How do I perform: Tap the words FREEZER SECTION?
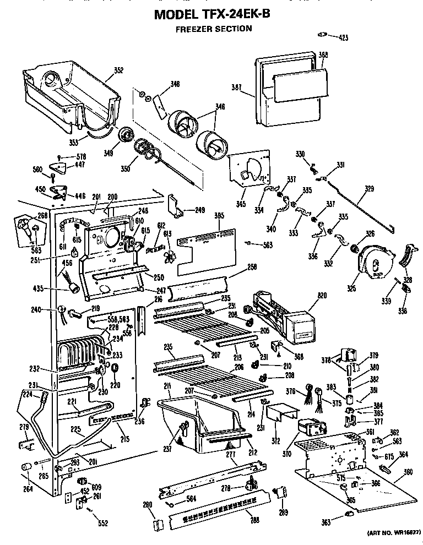[x=214, y=29]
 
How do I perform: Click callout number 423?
[x=343, y=38]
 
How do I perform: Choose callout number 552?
[x=103, y=523]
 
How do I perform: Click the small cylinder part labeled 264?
[x=25, y=467]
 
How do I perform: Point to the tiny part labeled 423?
[x=323, y=35]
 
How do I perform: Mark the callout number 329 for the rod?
[x=368, y=189]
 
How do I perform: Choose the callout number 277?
[x=230, y=455]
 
